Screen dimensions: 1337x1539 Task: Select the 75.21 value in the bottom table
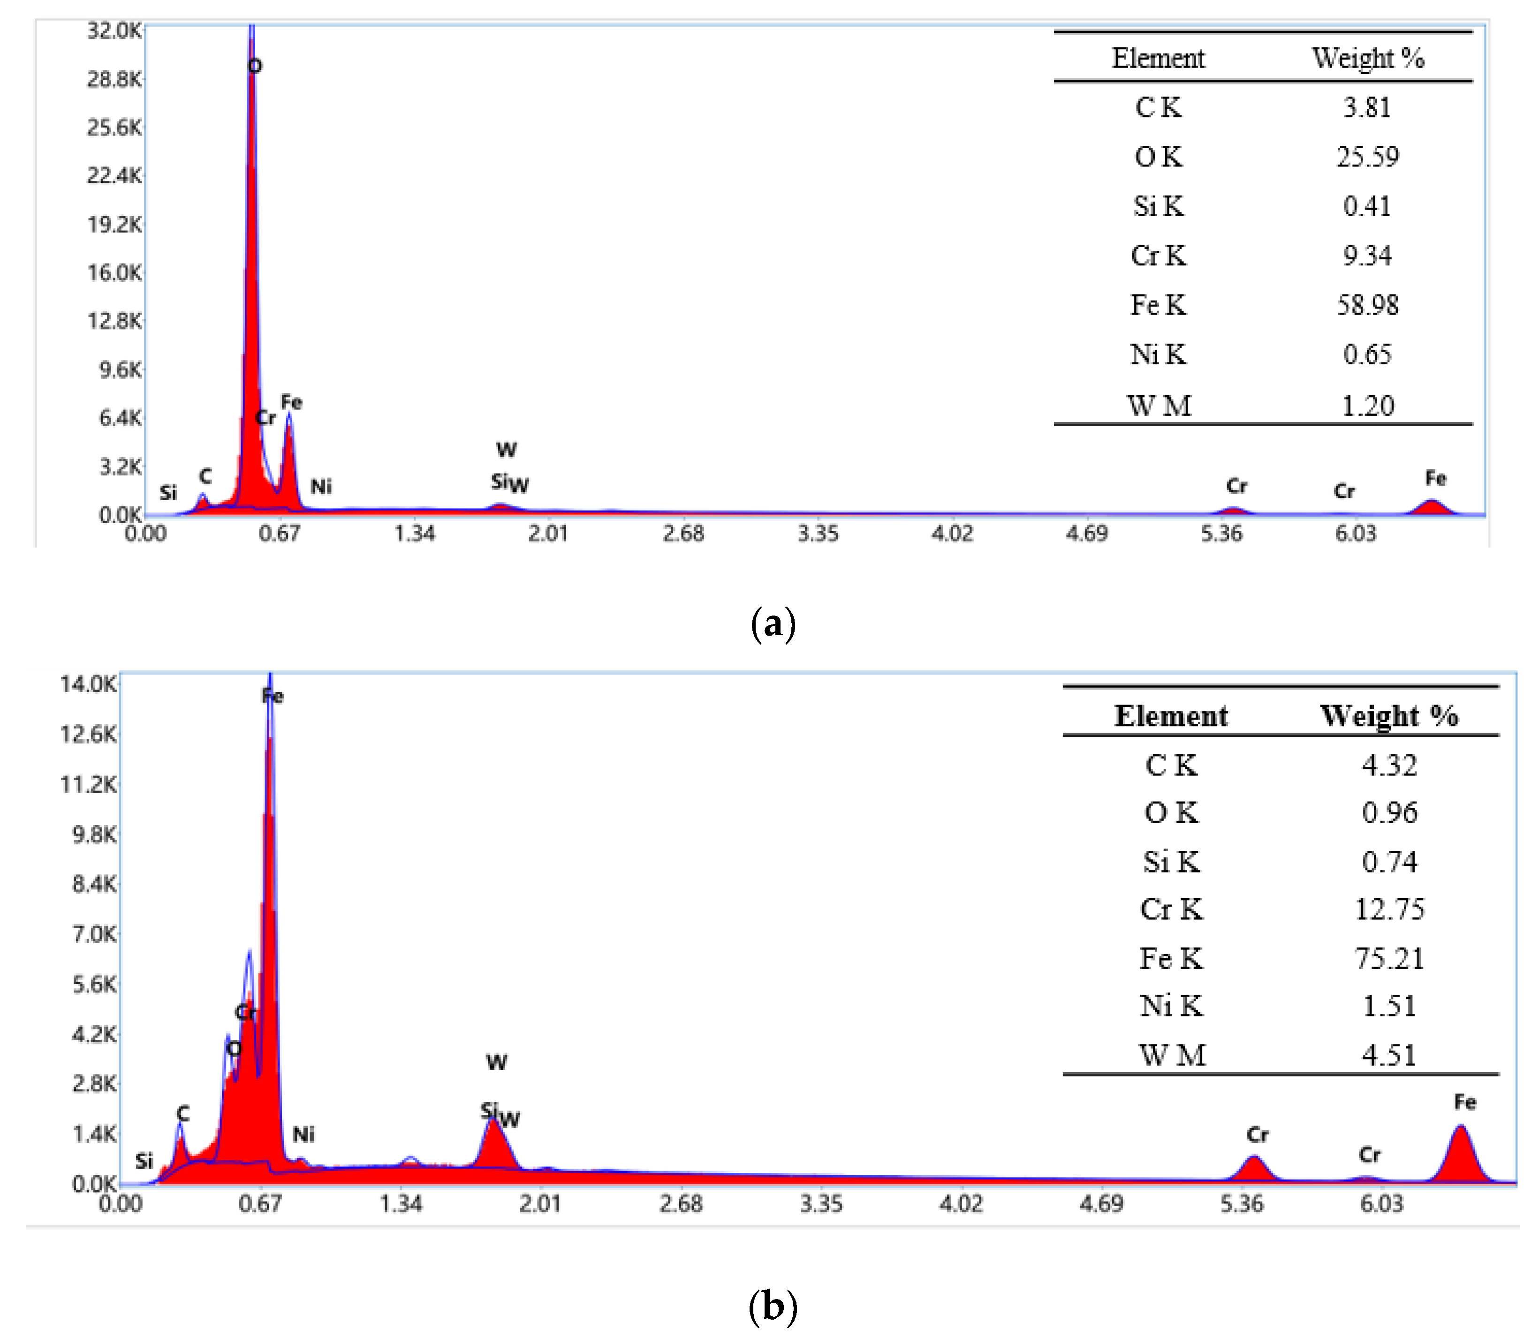(1388, 958)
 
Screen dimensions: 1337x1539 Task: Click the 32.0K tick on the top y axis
(114, 30)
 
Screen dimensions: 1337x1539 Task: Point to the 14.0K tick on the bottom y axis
(88, 684)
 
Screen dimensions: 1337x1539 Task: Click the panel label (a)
(773, 623)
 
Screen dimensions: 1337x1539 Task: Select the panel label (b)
(773, 1306)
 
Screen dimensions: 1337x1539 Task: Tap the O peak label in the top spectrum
(255, 66)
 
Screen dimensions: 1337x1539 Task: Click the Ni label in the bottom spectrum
(303, 1134)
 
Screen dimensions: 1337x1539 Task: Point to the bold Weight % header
(1388, 715)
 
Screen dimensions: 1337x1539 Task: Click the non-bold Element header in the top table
(1158, 58)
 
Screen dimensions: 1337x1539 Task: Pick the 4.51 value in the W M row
(1388, 1055)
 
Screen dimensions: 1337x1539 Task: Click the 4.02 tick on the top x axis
(952, 533)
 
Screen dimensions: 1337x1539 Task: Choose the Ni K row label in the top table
(1158, 354)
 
